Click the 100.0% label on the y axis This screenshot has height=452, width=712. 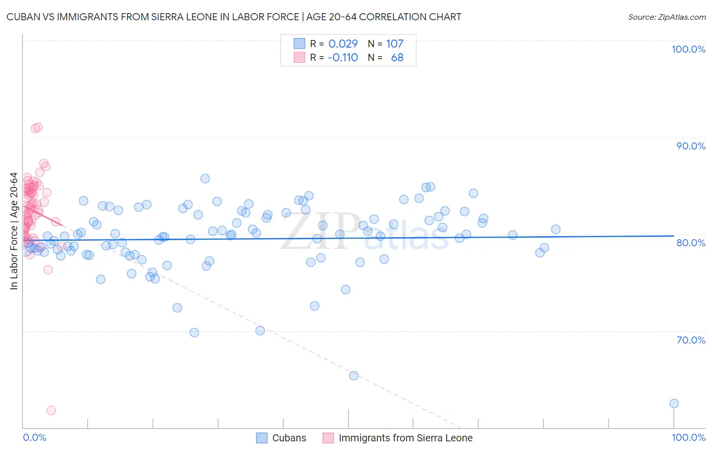tap(688, 49)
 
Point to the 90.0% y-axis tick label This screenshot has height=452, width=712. tap(691, 146)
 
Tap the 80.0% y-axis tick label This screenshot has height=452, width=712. tap(691, 243)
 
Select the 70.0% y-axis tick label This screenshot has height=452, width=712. tap(691, 340)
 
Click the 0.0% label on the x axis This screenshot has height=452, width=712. tap(34, 437)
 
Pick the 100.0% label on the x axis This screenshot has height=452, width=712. tap(688, 437)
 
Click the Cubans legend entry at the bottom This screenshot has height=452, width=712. tap(289, 438)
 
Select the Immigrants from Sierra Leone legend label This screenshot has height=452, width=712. tap(405, 438)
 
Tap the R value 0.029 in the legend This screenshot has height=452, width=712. tap(343, 44)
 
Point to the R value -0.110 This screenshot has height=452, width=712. tap(342, 57)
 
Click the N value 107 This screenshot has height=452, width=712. tap(394, 44)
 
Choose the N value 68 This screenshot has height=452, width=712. tap(397, 57)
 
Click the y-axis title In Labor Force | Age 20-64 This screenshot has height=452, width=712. tap(14, 231)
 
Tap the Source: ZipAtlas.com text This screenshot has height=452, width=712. tap(666, 17)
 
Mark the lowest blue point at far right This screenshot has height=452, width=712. tap(674, 403)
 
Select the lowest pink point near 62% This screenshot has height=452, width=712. tap(51, 410)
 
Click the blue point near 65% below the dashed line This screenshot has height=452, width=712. tap(353, 375)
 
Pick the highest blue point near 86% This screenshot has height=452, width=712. tap(205, 178)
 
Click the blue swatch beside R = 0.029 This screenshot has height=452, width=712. tap(299, 44)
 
